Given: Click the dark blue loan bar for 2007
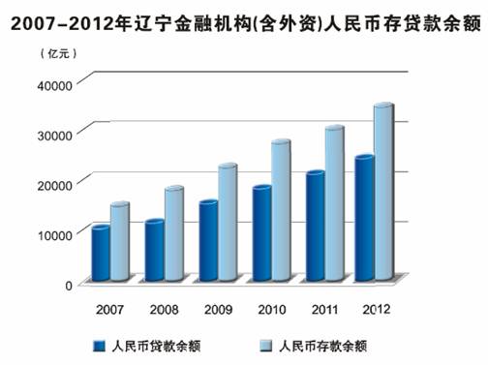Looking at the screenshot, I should coord(100,254).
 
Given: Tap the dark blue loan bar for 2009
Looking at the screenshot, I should coord(208,241).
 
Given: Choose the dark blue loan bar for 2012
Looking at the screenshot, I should coord(364,218).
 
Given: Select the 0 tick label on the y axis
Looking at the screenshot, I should coord(68,284).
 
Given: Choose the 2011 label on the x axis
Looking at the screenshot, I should coord(323,310).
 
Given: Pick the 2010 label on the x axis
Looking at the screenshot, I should coord(271,310).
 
